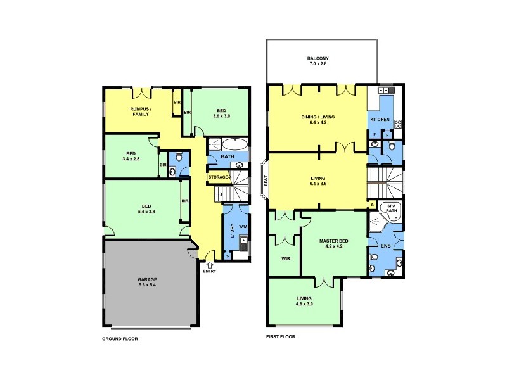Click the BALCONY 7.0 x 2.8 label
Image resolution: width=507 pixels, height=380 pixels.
tap(318, 61)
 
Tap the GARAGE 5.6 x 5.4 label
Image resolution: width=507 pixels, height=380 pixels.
tap(147, 282)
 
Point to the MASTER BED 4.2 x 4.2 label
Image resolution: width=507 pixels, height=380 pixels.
tap(334, 243)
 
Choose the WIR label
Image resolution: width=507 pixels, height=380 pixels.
tap(284, 258)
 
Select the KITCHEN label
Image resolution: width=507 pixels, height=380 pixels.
tap(380, 119)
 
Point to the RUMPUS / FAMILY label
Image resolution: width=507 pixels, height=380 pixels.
tap(140, 111)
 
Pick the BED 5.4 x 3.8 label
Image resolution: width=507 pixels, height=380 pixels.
tap(146, 208)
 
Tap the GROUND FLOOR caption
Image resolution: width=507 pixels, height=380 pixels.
tap(120, 339)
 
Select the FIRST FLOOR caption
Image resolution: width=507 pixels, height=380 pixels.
tap(280, 336)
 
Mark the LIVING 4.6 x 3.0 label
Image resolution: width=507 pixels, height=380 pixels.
tap(305, 301)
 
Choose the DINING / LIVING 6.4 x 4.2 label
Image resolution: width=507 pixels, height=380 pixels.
tap(318, 120)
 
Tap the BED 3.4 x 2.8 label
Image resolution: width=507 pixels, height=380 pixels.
tap(131, 156)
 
